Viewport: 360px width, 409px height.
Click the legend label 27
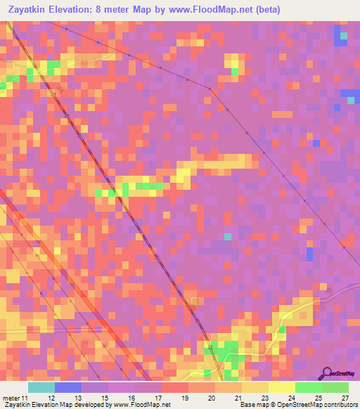pyautogui.click(x=345, y=398)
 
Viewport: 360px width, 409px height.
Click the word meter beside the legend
pyautogui.click(x=11, y=398)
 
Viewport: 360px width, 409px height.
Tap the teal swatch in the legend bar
pyautogui.click(x=41, y=387)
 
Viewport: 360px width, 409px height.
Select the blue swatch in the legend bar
pyautogui.click(x=68, y=387)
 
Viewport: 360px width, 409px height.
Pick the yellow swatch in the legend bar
pyautogui.click(x=282, y=387)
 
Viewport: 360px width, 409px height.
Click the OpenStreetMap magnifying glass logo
pyautogui.click(x=327, y=374)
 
